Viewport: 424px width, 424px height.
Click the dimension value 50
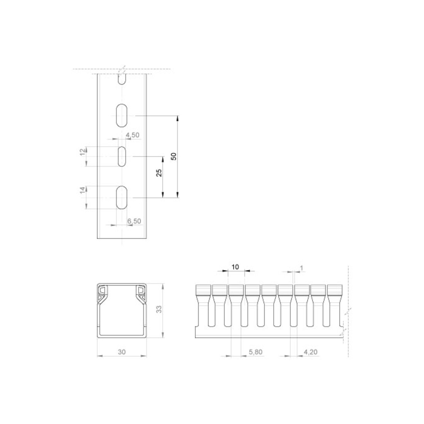174,156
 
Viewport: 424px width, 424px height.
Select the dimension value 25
159,173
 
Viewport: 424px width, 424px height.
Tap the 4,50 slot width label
133,135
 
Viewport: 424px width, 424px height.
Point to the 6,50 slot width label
135,221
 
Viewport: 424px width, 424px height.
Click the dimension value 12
83,151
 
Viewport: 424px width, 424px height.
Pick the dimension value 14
83,190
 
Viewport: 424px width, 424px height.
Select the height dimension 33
159,309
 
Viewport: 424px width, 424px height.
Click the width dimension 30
122,352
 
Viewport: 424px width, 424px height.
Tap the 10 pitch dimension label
235,267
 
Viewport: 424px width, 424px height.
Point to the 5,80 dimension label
256,352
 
